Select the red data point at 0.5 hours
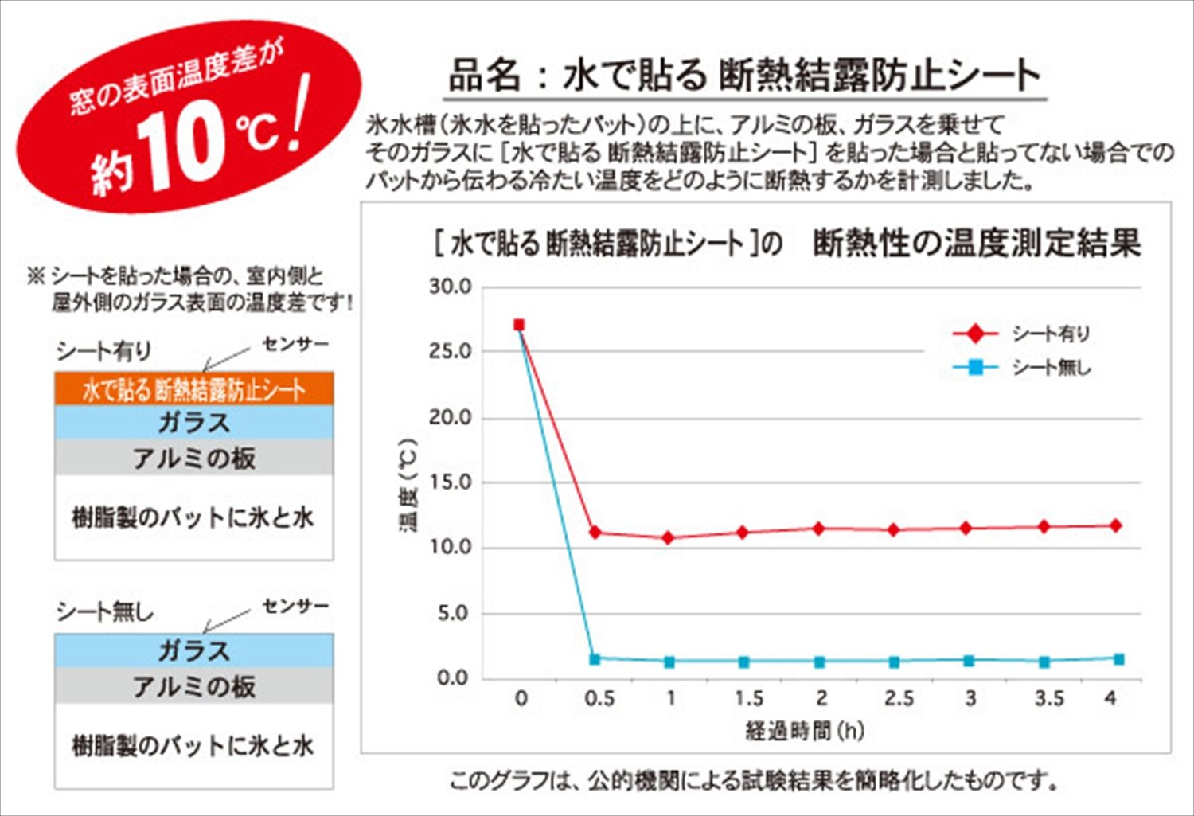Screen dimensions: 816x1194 tap(595, 532)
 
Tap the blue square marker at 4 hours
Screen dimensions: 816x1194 tap(1118, 658)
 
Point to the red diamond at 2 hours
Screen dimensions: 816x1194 tap(818, 528)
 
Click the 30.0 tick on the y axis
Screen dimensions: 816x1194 tap(451, 287)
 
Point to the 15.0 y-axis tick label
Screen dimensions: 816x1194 tap(451, 482)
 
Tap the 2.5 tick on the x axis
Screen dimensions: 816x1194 tap(899, 698)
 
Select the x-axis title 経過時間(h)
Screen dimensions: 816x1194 tap(805, 729)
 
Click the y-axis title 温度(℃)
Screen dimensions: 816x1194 tap(409, 485)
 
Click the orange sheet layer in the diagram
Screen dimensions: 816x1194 tap(193, 389)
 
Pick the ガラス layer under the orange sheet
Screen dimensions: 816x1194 tap(193, 422)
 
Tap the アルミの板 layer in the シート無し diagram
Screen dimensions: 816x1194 tap(193, 685)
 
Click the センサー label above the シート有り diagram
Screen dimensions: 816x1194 tap(295, 344)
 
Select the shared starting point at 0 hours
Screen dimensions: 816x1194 tap(519, 325)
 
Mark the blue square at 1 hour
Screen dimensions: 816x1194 tap(669, 662)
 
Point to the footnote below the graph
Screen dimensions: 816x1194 tap(754, 780)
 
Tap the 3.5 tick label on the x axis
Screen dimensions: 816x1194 tap(1048, 698)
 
